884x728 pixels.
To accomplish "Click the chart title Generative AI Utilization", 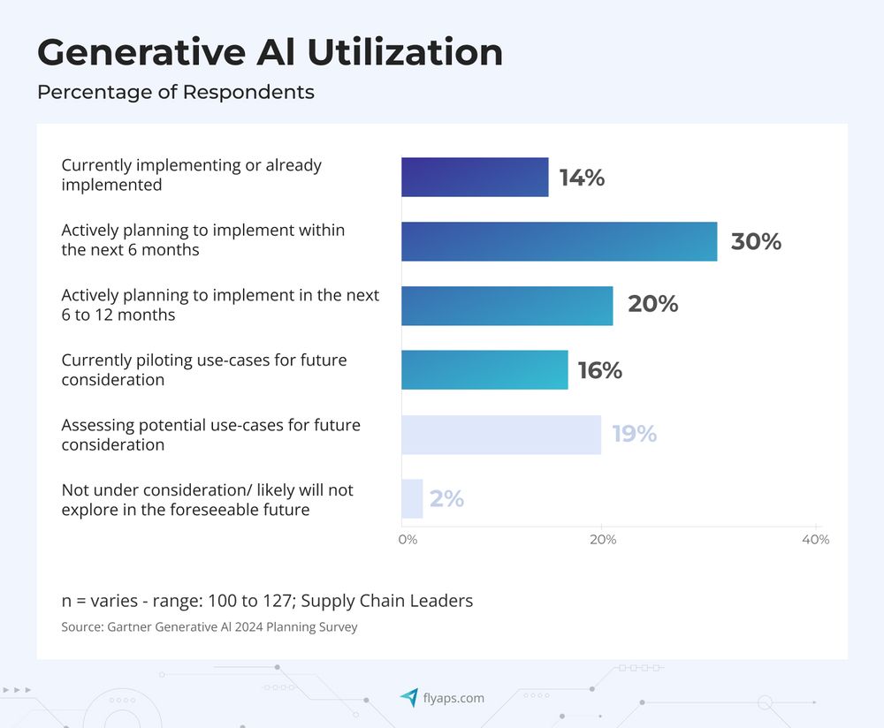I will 270,53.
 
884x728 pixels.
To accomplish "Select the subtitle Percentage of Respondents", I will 175,92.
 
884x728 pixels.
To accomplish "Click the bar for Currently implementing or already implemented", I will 475,177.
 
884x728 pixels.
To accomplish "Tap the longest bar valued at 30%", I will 559,241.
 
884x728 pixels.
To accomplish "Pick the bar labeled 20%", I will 507,306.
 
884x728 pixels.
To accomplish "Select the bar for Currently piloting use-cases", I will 484,370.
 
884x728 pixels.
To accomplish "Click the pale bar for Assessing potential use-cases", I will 500,435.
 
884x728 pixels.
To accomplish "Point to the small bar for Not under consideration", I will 412,499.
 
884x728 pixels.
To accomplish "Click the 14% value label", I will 582,178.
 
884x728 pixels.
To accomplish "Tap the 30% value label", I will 756,242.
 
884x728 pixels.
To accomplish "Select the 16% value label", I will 599,371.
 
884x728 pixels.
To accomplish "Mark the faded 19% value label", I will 634,435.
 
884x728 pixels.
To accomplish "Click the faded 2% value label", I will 446,499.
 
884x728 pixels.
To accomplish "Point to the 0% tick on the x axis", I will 407,540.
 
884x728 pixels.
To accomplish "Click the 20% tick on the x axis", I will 603,540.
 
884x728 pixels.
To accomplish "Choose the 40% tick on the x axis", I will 815,540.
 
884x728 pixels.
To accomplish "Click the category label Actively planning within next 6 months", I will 202,239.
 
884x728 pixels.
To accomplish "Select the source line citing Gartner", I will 209,627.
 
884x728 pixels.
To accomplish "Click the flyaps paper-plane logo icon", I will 408,698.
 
